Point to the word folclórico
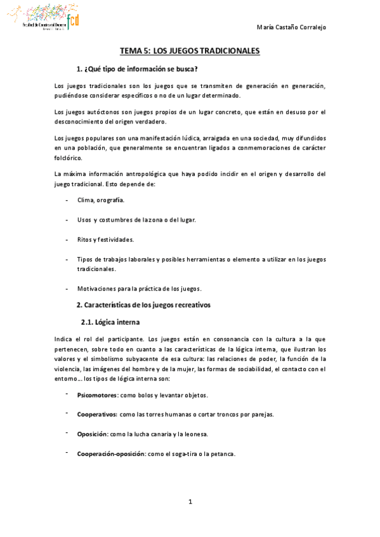(x=68, y=158)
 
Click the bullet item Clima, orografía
(x=100, y=200)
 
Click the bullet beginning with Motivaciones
(x=139, y=289)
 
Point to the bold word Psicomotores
(x=97, y=395)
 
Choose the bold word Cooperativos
(x=96, y=415)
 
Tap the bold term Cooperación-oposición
(x=110, y=454)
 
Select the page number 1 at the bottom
(x=190, y=502)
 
